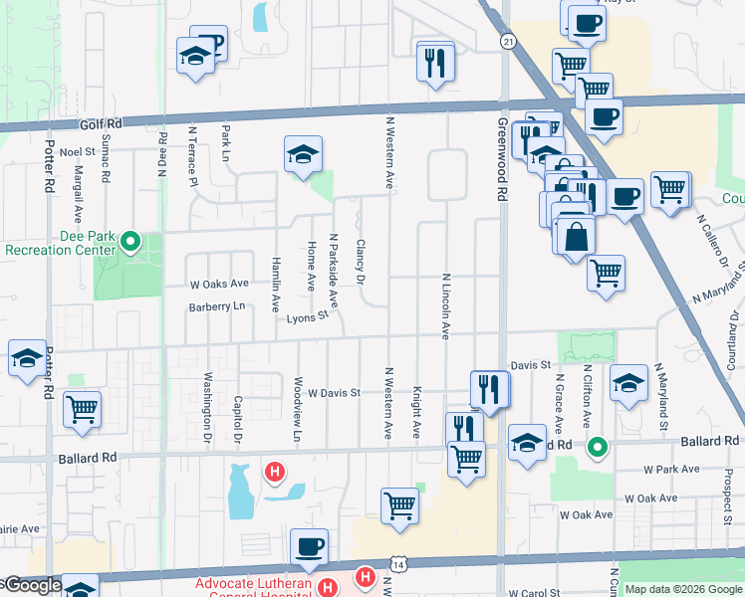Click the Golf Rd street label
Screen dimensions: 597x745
[101, 124]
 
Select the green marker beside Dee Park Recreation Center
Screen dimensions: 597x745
[129, 241]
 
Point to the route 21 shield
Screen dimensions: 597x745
[508, 41]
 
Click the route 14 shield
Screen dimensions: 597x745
[398, 564]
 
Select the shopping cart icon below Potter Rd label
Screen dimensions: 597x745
[82, 408]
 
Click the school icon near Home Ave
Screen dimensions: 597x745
[303, 154]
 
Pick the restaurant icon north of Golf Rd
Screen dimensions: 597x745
[434, 64]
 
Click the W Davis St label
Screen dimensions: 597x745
[333, 393]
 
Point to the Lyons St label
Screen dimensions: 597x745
[308, 317]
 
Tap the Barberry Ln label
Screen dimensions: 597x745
[217, 307]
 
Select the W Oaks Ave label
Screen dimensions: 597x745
[219, 284]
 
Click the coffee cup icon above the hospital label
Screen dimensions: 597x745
[309, 545]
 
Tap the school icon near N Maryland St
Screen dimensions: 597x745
[628, 383]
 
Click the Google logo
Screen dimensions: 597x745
[32, 586]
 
